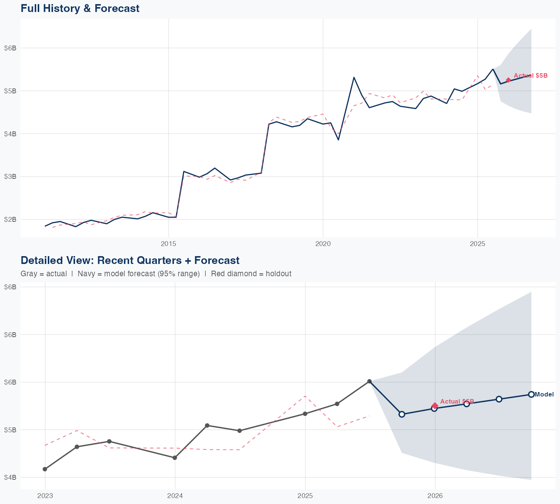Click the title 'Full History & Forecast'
pos(80,8)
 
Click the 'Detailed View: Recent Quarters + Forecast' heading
pos(130,260)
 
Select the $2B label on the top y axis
pos(10,219)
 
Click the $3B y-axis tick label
pos(10,176)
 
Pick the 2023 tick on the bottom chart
pos(45,496)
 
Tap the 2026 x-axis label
pos(435,496)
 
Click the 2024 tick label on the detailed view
pos(175,496)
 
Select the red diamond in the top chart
pos(508,80)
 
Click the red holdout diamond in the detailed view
pos(435,405)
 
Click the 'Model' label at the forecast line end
pos(544,394)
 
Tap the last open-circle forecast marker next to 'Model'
pos(531,394)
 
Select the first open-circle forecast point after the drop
pos(402,414)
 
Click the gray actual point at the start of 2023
pos(45,469)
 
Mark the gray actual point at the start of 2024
pos(175,458)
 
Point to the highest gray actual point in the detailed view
pos(370,381)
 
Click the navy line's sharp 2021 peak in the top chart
pos(354,77)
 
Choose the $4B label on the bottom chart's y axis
pos(10,477)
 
